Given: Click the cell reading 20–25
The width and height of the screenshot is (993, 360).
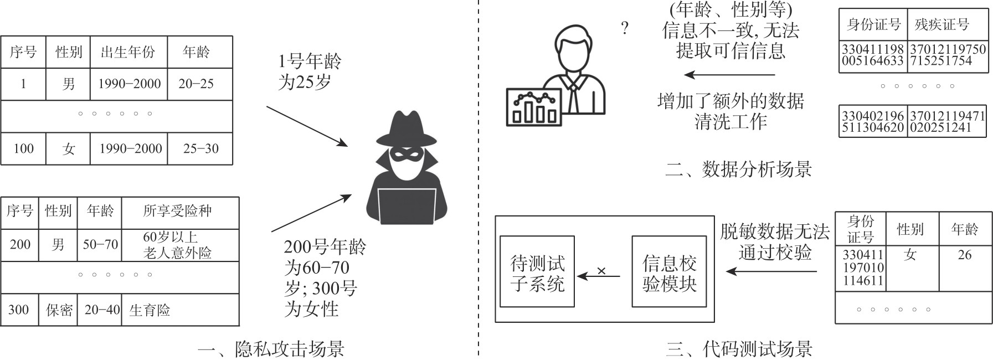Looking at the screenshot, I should (x=196, y=84).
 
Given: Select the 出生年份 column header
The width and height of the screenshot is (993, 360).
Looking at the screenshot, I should (x=128, y=52).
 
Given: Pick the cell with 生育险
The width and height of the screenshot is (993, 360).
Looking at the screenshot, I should (x=150, y=310).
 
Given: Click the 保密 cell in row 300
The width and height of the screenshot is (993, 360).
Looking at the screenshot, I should (x=59, y=310).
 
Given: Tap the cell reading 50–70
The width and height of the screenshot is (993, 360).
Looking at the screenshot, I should (x=100, y=244).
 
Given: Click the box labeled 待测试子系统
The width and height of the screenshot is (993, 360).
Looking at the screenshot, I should (x=537, y=272).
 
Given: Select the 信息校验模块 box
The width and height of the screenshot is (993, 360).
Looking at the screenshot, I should (x=669, y=272).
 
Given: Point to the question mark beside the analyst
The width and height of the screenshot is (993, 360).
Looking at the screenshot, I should (x=625, y=28).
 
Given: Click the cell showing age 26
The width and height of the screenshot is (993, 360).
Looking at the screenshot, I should (x=964, y=255).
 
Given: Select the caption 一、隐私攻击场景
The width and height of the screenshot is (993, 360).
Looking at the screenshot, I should (x=271, y=349).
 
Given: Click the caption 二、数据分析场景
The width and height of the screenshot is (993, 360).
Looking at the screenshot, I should (x=739, y=169).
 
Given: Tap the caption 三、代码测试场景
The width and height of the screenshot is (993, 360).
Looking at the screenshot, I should (x=739, y=349).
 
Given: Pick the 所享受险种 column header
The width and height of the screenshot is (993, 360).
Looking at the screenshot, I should (x=177, y=211).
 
